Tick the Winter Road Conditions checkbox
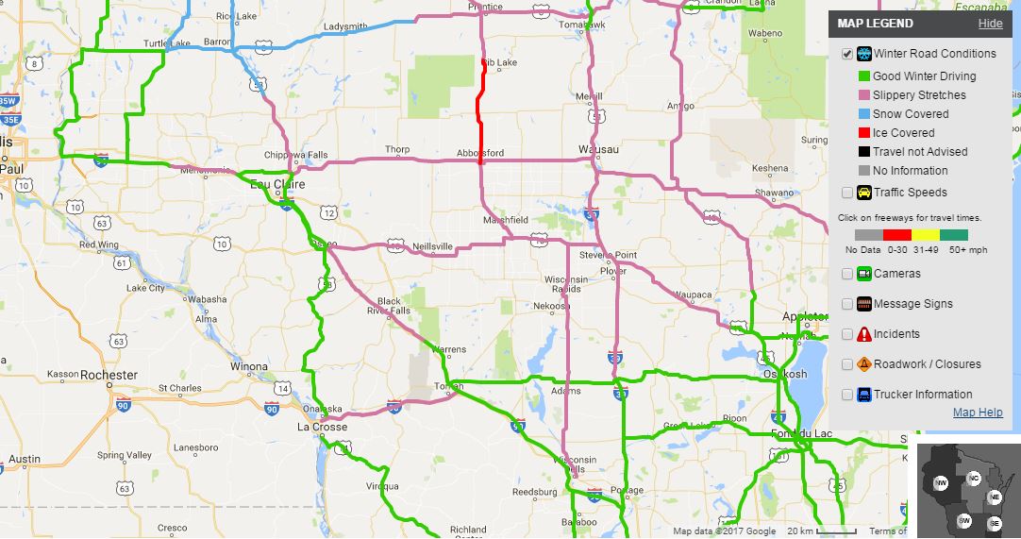click(847, 55)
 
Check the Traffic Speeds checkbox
click(847, 194)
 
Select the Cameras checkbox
click(847, 275)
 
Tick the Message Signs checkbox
click(847, 305)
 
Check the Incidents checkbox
click(847, 335)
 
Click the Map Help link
click(978, 413)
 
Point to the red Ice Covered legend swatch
click(863, 133)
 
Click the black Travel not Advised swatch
click(863, 152)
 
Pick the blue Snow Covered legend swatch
click(863, 114)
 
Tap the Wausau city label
click(598, 150)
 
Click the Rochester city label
click(109, 375)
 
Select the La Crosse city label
click(323, 427)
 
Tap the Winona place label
click(249, 366)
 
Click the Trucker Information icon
click(863, 396)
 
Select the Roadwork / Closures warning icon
click(863, 365)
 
